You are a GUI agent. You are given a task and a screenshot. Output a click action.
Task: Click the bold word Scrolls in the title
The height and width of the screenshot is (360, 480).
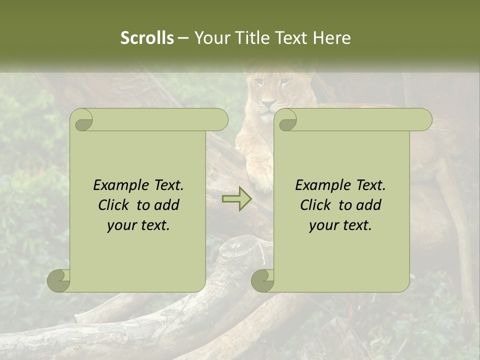(x=147, y=38)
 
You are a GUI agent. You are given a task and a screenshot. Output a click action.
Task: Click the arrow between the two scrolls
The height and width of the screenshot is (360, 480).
(x=236, y=199)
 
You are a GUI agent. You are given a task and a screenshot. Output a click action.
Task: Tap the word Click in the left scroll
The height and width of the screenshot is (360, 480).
(x=114, y=205)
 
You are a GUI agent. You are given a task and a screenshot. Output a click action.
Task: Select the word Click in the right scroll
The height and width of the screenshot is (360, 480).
(x=316, y=205)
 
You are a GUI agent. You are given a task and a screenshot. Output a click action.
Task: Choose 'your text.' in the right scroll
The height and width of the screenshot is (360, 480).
(x=340, y=225)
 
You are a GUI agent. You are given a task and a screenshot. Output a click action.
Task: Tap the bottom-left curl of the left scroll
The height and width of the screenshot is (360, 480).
(x=59, y=280)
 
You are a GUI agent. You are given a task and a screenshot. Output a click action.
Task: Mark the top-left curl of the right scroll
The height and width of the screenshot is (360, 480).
(x=286, y=120)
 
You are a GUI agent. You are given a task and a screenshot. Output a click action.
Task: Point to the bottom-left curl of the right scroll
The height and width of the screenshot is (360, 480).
(x=262, y=280)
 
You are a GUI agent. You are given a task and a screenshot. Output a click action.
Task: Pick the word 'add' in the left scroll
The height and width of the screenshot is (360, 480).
(x=167, y=205)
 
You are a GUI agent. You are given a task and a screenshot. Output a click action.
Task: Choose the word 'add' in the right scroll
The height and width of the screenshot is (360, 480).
(x=369, y=205)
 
